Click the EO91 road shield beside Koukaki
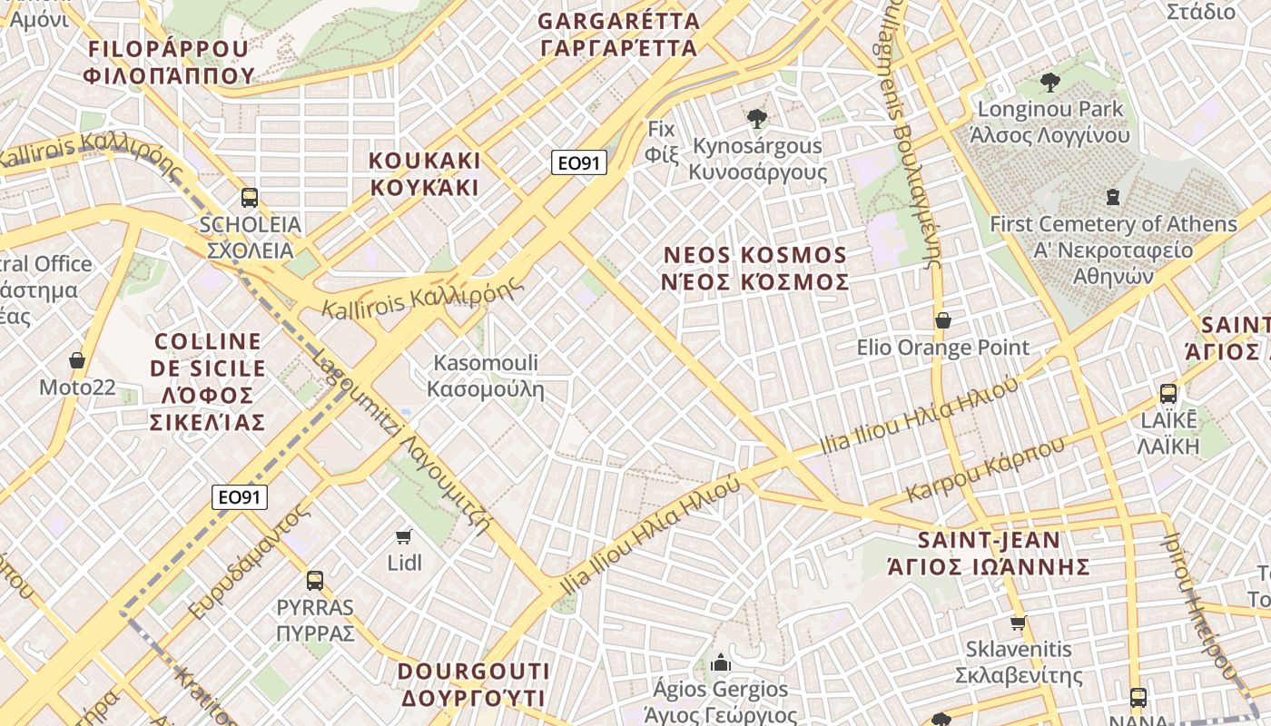(579, 163)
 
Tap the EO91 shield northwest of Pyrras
(240, 497)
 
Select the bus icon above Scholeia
(250, 198)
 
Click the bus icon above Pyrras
(315, 581)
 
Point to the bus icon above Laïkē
(1168, 394)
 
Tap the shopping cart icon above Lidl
(404, 536)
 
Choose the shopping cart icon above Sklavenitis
(1019, 623)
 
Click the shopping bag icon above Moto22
(77, 361)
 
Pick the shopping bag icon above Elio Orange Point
(943, 320)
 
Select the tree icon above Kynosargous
(756, 119)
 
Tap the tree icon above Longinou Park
(1049, 83)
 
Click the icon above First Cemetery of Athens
(1113, 197)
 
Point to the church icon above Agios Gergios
(721, 663)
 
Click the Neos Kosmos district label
(756, 269)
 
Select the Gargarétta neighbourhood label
(618, 34)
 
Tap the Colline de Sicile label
(208, 381)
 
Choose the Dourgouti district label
(473, 684)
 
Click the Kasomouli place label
(486, 377)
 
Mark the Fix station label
(662, 142)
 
